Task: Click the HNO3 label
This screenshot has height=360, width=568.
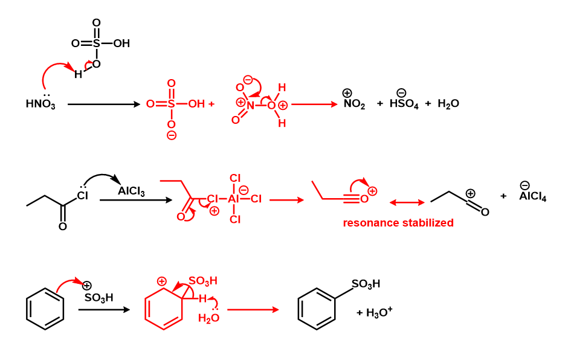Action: click(x=40, y=104)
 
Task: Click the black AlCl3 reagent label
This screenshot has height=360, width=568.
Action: click(x=131, y=191)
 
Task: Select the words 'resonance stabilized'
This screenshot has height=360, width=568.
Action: click(x=398, y=223)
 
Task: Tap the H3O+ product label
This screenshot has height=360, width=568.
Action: click(x=379, y=312)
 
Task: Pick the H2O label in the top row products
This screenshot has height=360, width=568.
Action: click(x=448, y=104)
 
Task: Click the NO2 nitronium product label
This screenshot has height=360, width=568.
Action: click(x=354, y=104)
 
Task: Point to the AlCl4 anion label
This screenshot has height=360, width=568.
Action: click(x=532, y=196)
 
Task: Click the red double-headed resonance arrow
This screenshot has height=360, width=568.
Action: click(x=407, y=201)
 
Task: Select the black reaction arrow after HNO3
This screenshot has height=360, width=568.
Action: click(x=103, y=104)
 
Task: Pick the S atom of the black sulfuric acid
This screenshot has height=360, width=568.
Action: click(x=96, y=43)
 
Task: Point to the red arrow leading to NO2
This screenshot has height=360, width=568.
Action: click(x=314, y=104)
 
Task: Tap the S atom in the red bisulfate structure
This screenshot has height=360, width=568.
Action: click(x=172, y=104)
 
